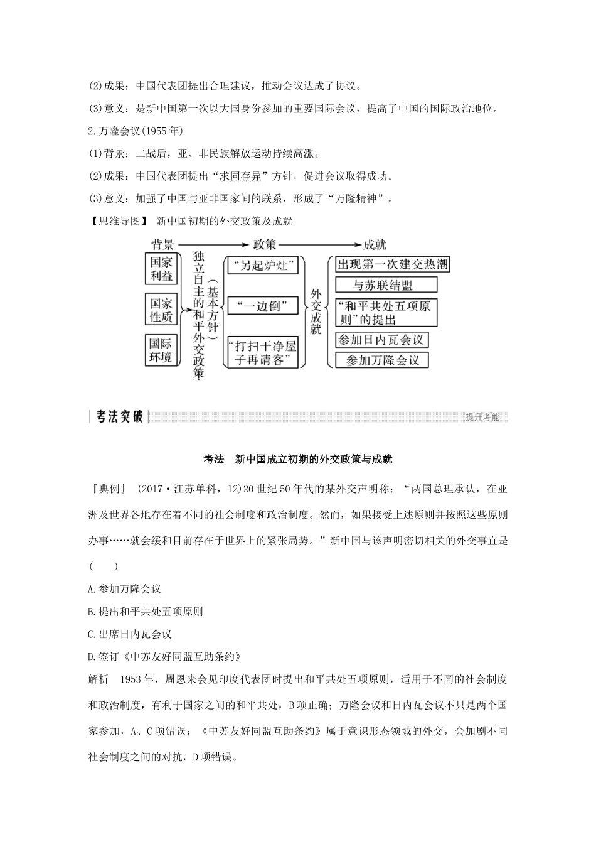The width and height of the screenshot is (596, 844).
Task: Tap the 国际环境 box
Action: (x=161, y=350)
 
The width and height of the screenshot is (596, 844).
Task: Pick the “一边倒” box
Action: (x=260, y=306)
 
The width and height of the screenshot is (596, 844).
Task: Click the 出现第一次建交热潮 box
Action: (x=392, y=264)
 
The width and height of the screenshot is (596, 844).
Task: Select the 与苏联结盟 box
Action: (x=383, y=286)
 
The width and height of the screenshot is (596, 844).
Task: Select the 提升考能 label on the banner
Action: (x=482, y=417)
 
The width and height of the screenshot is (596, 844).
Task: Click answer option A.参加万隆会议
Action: (x=125, y=589)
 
